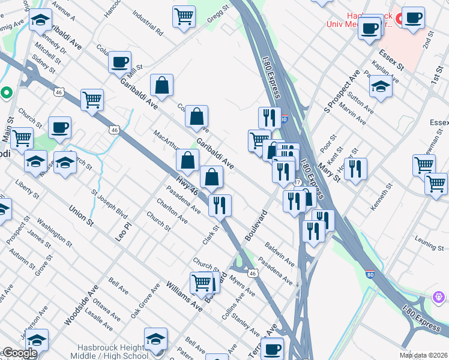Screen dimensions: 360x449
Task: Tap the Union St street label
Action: pyautogui.click(x=82, y=216)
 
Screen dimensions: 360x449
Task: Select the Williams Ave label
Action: pyautogui.click(x=184, y=295)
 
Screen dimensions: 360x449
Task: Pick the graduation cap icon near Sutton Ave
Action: pyautogui.click(x=381, y=86)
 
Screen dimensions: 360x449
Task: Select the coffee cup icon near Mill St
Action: pyautogui.click(x=119, y=61)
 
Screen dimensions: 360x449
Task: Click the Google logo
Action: pyautogui.click(x=19, y=353)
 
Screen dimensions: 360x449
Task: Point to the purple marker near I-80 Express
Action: pyautogui.click(x=438, y=297)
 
